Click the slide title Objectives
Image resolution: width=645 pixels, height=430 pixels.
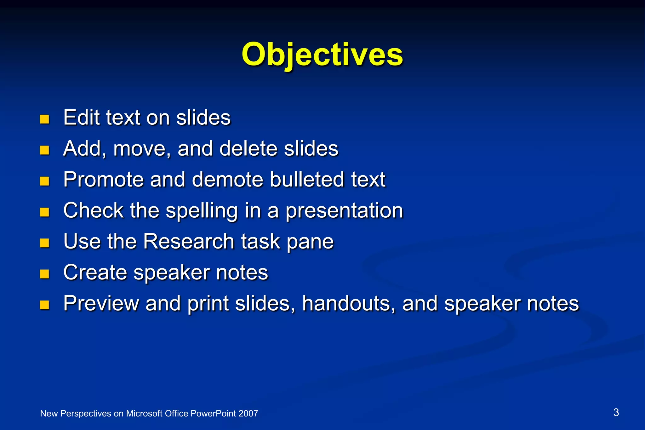click(x=322, y=54)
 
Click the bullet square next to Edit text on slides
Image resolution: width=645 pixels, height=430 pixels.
click(x=44, y=119)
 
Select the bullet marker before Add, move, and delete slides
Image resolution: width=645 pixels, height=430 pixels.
click(x=44, y=150)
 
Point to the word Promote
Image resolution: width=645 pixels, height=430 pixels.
click(x=103, y=179)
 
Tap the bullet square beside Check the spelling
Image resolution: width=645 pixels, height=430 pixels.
click(x=44, y=212)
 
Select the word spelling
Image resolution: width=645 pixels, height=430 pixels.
click(x=202, y=210)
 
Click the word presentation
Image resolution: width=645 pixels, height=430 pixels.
click(x=344, y=210)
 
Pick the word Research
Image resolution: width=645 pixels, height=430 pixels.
click(x=188, y=241)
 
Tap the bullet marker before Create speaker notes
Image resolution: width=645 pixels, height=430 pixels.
click(x=44, y=274)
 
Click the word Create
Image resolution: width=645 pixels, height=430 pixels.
click(x=95, y=272)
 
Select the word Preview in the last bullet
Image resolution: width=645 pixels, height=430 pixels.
click(x=101, y=303)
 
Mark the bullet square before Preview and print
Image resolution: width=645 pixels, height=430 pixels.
click(x=44, y=305)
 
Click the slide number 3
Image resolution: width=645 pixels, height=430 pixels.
click(x=616, y=412)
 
